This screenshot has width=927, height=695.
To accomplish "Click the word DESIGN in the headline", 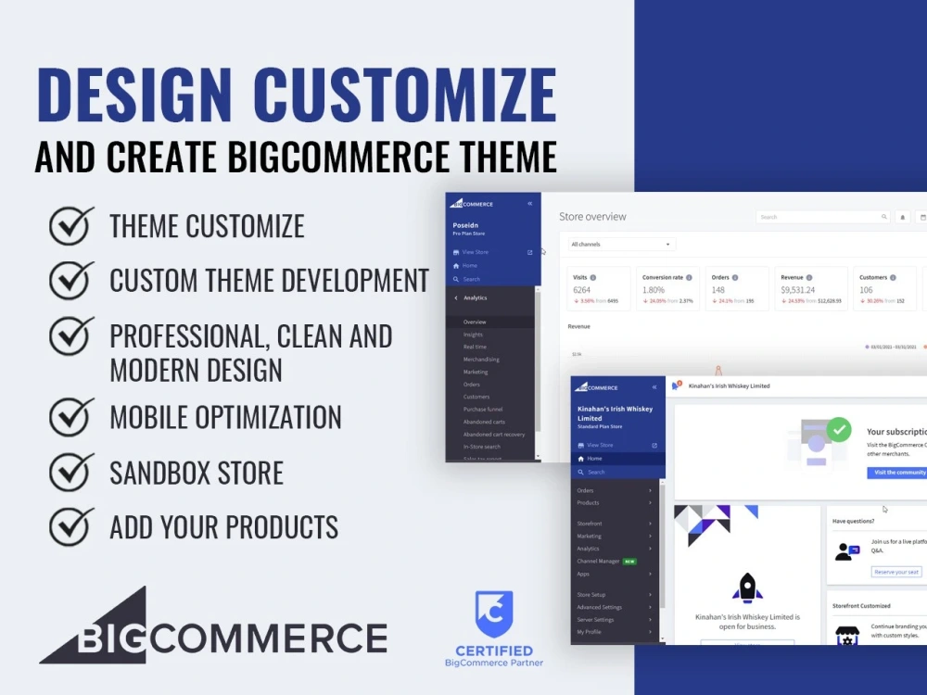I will (x=135, y=95).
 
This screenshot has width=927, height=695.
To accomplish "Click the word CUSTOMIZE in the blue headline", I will (x=404, y=95).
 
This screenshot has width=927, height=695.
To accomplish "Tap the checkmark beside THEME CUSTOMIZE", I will (x=71, y=225).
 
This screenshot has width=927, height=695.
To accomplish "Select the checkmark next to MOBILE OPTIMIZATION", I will (x=71, y=417).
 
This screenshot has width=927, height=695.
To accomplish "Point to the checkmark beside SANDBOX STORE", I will (x=71, y=472).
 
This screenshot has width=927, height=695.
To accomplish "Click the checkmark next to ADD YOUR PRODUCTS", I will (x=71, y=526).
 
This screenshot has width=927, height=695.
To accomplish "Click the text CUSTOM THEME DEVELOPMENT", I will (x=269, y=280).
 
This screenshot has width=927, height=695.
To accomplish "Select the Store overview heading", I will (x=592, y=217).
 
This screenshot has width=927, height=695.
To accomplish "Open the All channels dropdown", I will (x=621, y=245).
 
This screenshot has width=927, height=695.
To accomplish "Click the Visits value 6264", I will (x=582, y=290).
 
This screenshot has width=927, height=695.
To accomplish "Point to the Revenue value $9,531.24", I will (x=798, y=290).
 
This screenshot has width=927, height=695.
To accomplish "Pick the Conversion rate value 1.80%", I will (x=654, y=290).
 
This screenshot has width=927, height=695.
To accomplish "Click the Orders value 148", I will (x=719, y=290).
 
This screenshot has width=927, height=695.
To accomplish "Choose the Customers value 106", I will (x=866, y=290).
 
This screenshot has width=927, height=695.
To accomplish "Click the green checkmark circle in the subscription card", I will (x=839, y=429).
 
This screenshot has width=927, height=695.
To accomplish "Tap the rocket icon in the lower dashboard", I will (x=747, y=588).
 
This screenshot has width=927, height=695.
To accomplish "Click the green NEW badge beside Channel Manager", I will (x=629, y=562).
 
